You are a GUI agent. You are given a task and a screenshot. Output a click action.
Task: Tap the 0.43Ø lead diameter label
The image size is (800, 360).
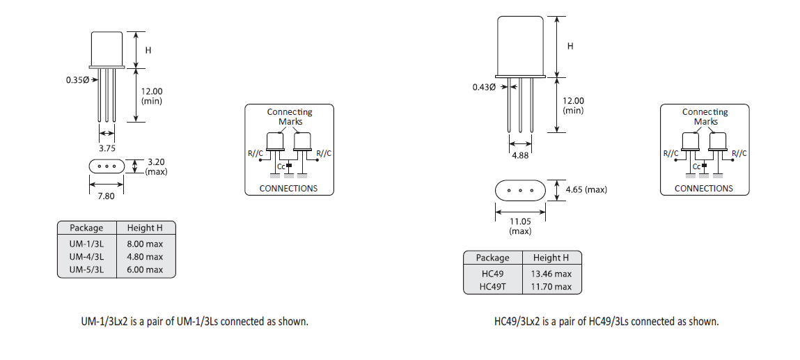point(484,87)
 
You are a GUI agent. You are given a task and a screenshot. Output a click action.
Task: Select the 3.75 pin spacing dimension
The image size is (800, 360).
point(107,148)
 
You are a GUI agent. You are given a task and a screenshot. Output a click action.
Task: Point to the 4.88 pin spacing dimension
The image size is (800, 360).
point(520,155)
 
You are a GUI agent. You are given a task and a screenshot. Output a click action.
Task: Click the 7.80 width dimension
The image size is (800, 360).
point(107,197)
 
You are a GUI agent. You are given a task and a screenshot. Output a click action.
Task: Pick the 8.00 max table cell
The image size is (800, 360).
point(145,243)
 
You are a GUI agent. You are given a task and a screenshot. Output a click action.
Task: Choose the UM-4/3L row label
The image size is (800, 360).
point(86,256)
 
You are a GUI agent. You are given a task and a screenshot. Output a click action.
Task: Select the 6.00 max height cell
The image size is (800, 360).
point(145,269)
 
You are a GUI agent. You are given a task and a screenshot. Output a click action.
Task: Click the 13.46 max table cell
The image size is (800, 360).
point(551,274)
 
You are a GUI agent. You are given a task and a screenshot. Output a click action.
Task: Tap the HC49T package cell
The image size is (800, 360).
point(492,287)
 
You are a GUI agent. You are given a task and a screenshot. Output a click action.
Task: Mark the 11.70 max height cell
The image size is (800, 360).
point(551,287)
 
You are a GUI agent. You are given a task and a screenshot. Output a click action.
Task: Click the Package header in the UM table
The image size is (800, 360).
point(86,228)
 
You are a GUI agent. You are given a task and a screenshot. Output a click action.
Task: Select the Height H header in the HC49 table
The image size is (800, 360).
point(551,258)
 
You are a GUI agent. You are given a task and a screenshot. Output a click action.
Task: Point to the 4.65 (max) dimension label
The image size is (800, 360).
point(586,189)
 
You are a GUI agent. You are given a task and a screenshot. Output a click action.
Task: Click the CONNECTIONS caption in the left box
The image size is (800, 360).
point(288,189)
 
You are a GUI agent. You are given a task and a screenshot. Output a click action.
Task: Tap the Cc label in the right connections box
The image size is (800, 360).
point(696,166)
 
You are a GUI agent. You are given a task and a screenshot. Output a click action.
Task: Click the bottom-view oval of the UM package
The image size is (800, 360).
point(107,166)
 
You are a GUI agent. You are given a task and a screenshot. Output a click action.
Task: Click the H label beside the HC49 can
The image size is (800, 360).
point(570,46)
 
